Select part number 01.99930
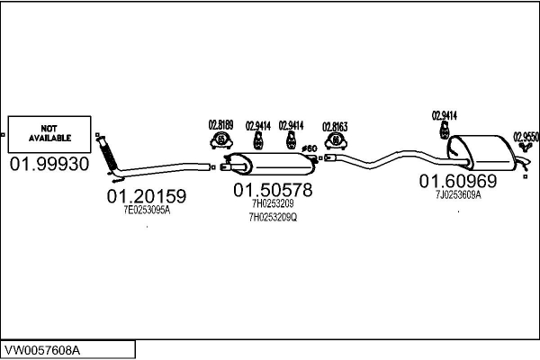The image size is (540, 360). point(49,165)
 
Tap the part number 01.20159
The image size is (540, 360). point(147,195)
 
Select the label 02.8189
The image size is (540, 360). point(220,125)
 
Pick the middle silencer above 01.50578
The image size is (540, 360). point(271,165)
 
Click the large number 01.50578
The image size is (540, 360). point(273,190)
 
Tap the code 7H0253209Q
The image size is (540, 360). point(273,217)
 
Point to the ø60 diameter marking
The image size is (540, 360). point(308,148)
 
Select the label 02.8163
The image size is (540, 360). point(336,126)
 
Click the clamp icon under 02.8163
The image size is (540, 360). point(337,141)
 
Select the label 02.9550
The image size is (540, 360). point(526,137)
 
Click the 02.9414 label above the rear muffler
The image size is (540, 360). point(445,115)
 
